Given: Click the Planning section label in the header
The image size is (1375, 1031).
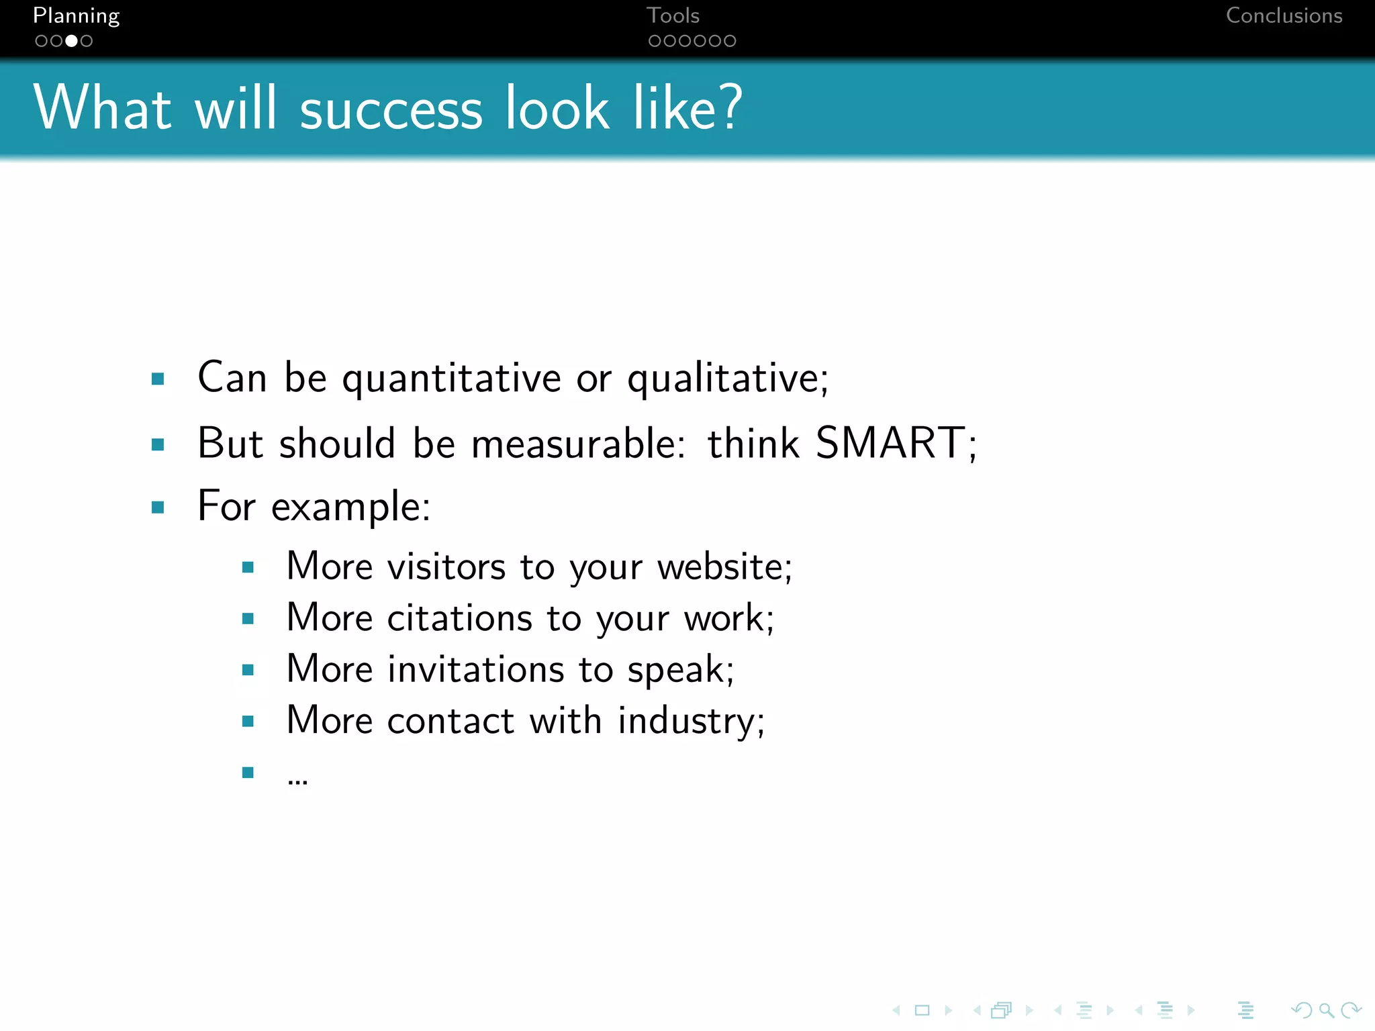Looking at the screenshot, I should coord(76,16).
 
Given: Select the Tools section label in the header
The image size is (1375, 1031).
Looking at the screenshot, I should coord(673,16).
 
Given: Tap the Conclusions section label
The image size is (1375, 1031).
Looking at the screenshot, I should coord(1284,16).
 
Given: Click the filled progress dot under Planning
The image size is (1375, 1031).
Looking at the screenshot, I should coord(71,41).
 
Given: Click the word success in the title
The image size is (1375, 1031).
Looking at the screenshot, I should coord(391,109).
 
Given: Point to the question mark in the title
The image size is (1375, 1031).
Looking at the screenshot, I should coord(728,107).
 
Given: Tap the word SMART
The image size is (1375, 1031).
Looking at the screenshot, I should coord(890,443).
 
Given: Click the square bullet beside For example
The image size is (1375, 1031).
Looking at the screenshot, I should coord(158,507).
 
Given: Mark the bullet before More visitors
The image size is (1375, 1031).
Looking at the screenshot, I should coord(248,568).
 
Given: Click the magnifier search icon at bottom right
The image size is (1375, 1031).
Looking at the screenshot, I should coord(1325,1010).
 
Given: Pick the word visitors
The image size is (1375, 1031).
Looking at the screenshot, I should coord(446,567).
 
